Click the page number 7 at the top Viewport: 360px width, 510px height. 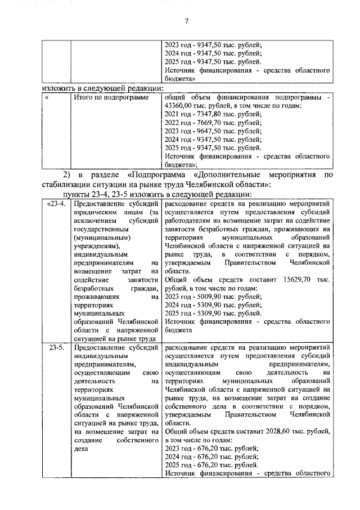pyautogui.click(x=186, y=21)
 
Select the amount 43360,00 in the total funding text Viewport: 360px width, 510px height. pyautogui.click(x=182, y=105)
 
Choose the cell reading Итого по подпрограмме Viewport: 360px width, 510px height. pyautogui.click(x=109, y=97)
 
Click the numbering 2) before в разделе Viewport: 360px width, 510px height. pyautogui.click(x=67, y=175)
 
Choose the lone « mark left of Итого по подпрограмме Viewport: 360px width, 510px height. pyautogui.click(x=48, y=97)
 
